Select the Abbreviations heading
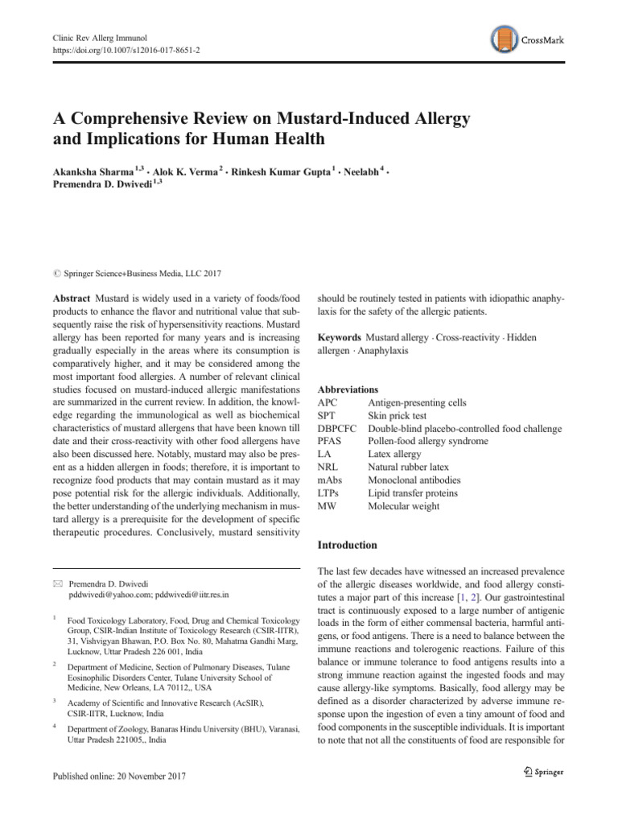click(348, 389)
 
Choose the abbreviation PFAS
click(331, 442)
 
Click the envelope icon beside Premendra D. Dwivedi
click(56, 582)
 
